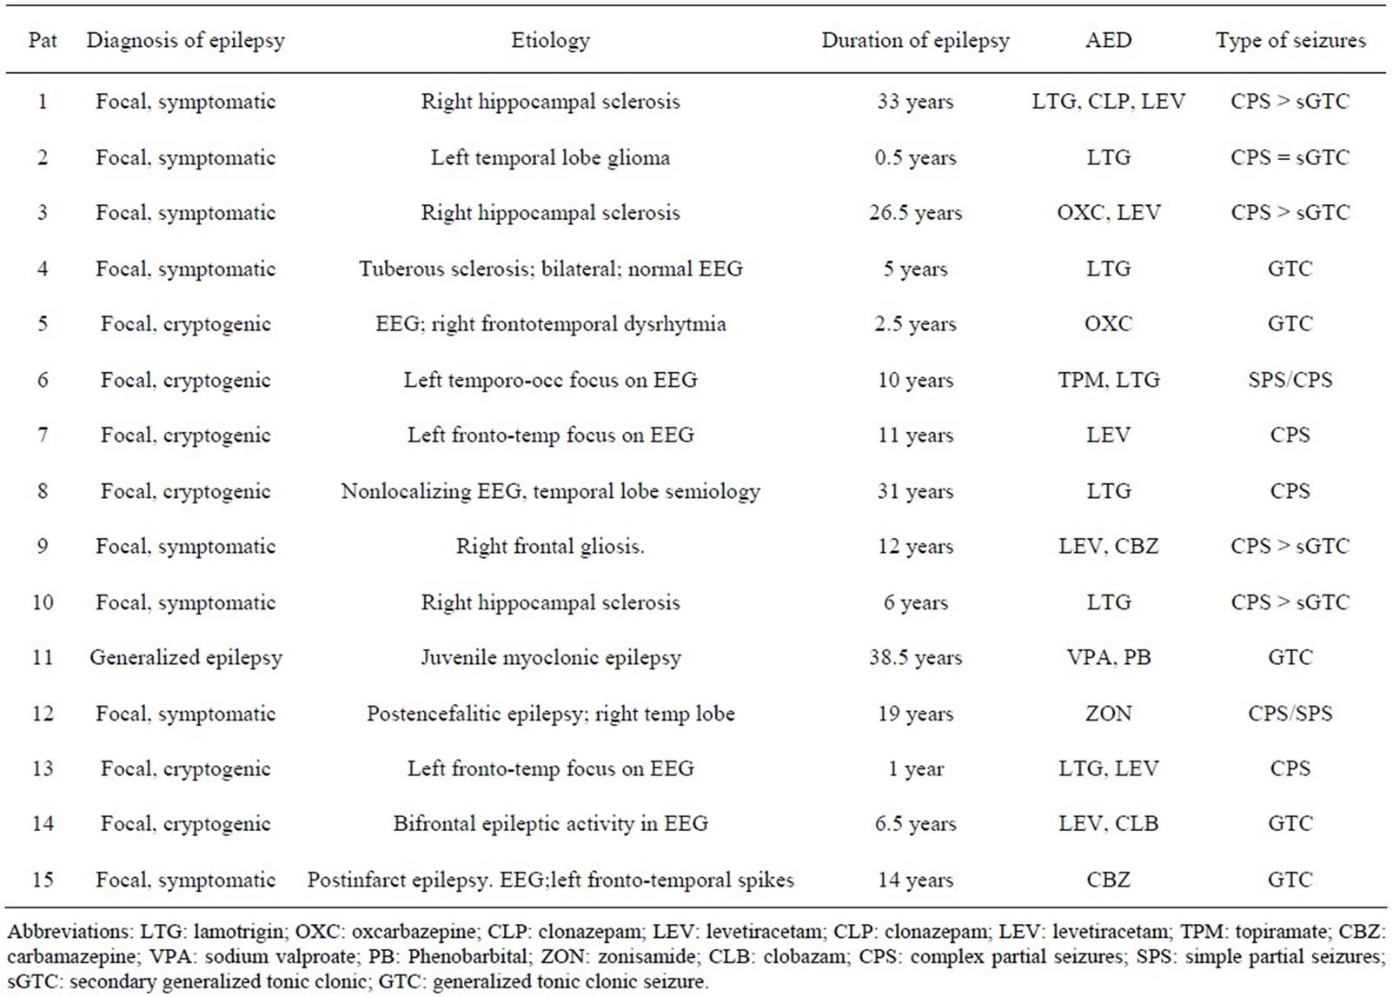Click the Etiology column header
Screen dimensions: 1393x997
coord(550,41)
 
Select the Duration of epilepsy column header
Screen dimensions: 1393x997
coord(915,41)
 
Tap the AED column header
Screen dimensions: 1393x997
coord(1108,41)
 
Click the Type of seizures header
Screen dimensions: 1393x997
coord(1290,41)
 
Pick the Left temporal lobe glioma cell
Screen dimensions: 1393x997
coord(550,157)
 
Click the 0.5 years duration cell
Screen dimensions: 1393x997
coord(915,157)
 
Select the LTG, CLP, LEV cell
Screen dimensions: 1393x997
coord(1108,102)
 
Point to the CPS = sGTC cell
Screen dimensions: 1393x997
coord(1290,157)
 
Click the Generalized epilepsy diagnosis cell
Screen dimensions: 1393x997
coord(185,657)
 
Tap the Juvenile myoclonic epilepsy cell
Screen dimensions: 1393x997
coord(550,657)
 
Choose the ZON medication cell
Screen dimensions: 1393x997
coord(1108,713)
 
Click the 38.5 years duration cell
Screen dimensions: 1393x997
coord(915,657)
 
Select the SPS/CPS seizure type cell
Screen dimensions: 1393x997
coord(1290,380)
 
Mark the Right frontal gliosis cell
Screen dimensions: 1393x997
coord(550,547)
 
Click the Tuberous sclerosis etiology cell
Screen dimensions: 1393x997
coord(550,269)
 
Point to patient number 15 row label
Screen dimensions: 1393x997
coord(43,880)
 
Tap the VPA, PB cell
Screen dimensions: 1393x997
coord(1108,657)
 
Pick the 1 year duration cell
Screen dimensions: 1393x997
coord(915,768)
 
